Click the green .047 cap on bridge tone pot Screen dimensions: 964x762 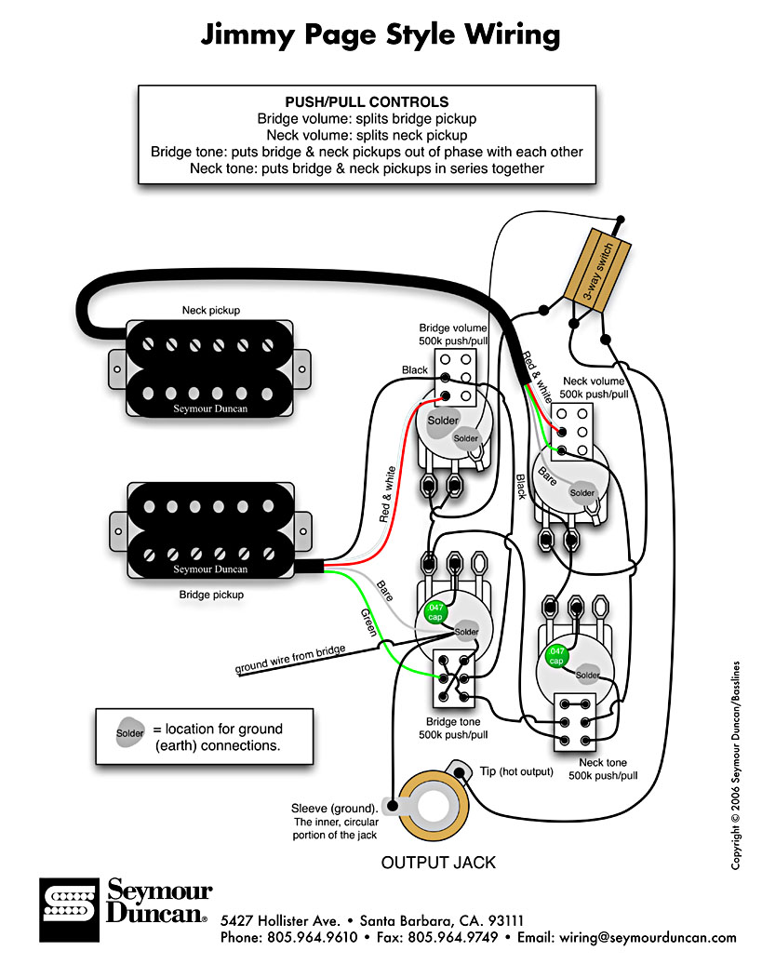tap(434, 611)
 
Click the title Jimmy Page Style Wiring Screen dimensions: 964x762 tap(381, 35)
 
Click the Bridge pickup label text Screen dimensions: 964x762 tap(211, 594)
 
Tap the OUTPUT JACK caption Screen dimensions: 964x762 tap(438, 863)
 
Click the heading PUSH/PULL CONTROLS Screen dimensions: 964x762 tap(367, 101)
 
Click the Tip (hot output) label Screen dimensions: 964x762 tap(516, 771)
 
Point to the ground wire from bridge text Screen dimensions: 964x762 tap(289, 659)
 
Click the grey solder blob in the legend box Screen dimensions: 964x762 tap(130, 732)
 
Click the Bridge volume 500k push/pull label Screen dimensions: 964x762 tap(453, 334)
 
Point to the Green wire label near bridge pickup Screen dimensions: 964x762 tap(369, 622)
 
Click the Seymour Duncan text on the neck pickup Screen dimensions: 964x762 tap(210, 408)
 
